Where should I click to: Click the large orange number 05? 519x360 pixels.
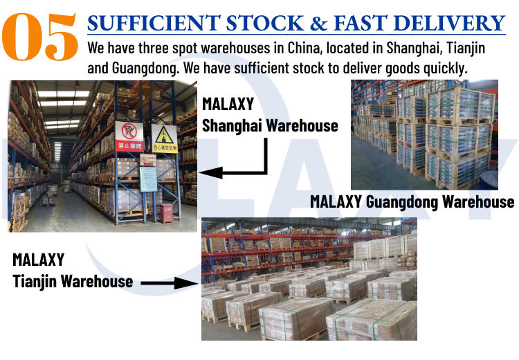tap(39, 36)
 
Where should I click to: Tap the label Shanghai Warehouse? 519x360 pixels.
tap(270, 125)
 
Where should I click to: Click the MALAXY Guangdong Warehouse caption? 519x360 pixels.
tap(412, 201)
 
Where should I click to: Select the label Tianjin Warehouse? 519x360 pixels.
tap(73, 281)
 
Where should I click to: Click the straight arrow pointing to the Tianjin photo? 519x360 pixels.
tap(169, 283)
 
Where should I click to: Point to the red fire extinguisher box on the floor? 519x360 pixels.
tap(166, 213)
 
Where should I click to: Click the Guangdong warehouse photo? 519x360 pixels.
tap(423, 134)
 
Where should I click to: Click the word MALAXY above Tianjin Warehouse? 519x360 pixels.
tap(39, 260)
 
